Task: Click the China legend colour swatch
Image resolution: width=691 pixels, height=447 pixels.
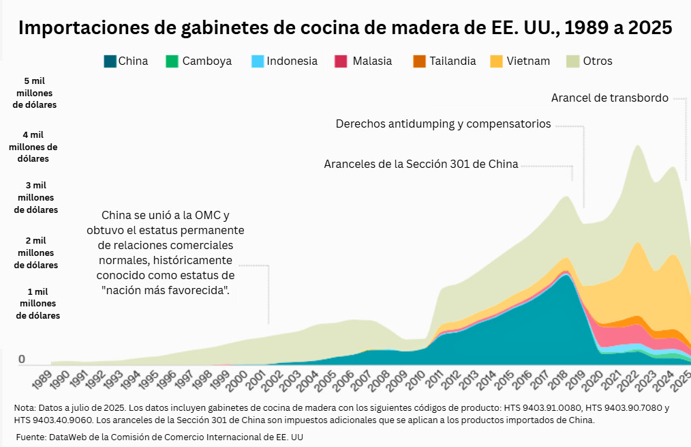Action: pyautogui.click(x=110, y=61)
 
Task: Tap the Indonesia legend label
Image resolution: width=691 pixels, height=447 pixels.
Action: pyautogui.click(x=292, y=61)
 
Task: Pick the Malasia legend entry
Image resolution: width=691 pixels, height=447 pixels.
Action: pyautogui.click(x=372, y=61)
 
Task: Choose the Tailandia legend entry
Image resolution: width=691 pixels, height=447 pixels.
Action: pyautogui.click(x=452, y=61)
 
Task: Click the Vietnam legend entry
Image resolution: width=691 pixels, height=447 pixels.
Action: pyautogui.click(x=528, y=61)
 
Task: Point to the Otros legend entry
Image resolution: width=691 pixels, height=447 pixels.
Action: pyautogui.click(x=598, y=61)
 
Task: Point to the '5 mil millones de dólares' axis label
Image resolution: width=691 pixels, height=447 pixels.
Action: pyautogui.click(x=35, y=93)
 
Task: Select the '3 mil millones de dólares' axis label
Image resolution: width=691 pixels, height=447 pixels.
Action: pyautogui.click(x=36, y=197)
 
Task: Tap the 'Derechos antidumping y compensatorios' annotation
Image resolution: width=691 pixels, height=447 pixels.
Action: pyautogui.click(x=443, y=124)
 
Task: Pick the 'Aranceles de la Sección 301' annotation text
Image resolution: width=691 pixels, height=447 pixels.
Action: pyautogui.click(x=421, y=164)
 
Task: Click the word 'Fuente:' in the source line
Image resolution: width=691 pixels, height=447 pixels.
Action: pyautogui.click(x=31, y=436)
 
